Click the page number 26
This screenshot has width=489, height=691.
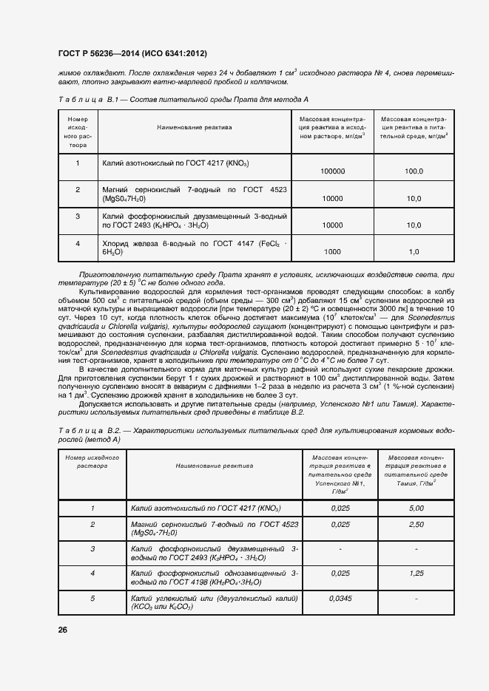click(62, 629)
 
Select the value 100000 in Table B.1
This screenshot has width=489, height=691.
click(332, 171)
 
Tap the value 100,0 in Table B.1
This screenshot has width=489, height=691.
click(413, 171)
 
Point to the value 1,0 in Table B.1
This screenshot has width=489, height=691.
click(414, 251)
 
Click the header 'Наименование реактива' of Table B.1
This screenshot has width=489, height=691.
click(194, 127)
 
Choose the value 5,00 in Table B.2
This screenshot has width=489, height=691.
click(416, 508)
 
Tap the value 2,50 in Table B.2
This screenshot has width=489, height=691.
click(416, 524)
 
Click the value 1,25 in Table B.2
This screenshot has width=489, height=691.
click(416, 573)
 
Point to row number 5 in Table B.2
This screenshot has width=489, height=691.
click(92, 597)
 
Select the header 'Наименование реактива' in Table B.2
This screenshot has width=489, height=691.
click(214, 466)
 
